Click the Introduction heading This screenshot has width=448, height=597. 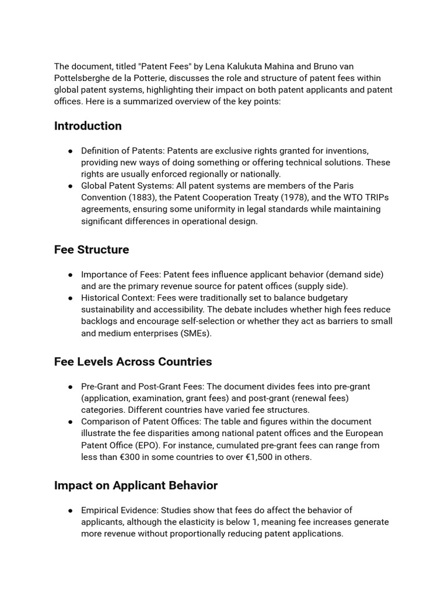point(87,126)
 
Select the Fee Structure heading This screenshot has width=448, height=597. point(92,250)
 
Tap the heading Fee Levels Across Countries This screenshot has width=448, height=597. point(133,361)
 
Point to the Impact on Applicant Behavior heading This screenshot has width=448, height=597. point(136,485)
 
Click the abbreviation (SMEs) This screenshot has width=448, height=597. point(193,333)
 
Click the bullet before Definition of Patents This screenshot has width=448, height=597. point(70,150)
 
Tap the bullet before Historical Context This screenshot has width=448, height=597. point(70,298)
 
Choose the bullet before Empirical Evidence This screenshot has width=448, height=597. point(70,510)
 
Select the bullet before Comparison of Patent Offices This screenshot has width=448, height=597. point(70,422)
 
